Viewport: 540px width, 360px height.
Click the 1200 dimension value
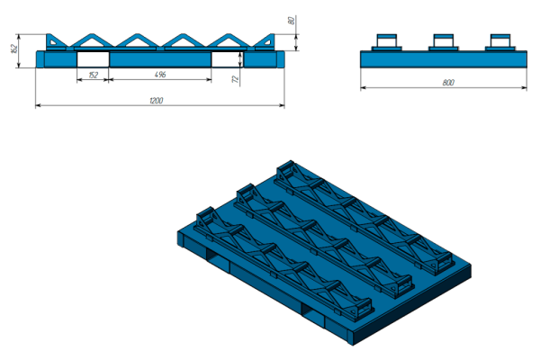[156, 101]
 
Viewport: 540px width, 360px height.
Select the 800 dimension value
[448, 83]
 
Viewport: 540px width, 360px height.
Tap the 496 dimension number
[160, 75]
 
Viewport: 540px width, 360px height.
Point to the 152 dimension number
[93, 75]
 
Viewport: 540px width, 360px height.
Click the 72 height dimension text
[236, 79]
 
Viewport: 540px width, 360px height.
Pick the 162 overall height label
[14, 49]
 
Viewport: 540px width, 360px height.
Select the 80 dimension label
[292, 21]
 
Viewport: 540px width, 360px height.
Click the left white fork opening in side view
[93, 59]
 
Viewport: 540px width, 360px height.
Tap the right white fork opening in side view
[228, 59]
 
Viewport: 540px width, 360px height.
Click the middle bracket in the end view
[443, 42]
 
